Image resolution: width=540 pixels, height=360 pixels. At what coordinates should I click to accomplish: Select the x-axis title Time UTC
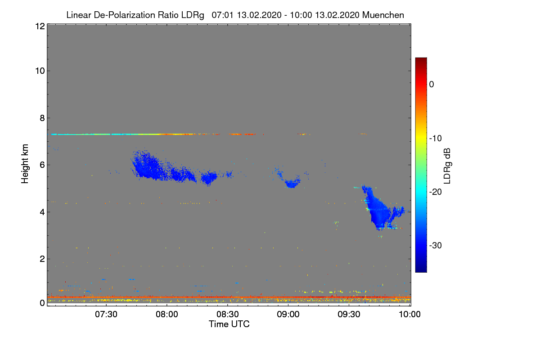coord(229,324)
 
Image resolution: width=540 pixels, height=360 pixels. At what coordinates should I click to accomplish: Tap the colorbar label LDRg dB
coord(447,166)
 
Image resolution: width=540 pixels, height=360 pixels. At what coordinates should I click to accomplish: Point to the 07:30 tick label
coord(106,315)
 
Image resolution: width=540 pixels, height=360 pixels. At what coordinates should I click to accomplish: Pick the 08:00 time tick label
coord(167,315)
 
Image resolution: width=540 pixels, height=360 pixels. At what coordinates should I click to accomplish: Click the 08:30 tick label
coord(228,315)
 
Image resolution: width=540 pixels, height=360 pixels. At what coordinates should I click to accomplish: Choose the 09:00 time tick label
coord(288,315)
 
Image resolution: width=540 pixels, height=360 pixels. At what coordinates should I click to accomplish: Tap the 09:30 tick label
coord(349,315)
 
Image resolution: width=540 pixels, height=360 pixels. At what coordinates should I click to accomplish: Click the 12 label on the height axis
coord(39,27)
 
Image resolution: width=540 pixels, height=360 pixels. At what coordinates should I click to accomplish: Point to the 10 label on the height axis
coord(39,71)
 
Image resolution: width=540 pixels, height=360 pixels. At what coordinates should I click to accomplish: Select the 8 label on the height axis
coord(41,118)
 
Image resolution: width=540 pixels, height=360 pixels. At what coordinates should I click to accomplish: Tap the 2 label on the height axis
coord(41,259)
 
